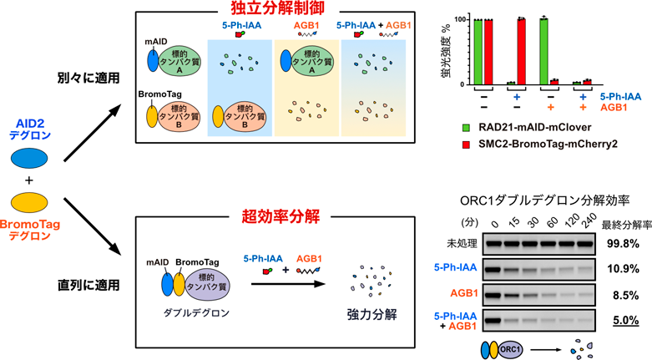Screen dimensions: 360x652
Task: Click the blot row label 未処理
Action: point(455,243)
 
